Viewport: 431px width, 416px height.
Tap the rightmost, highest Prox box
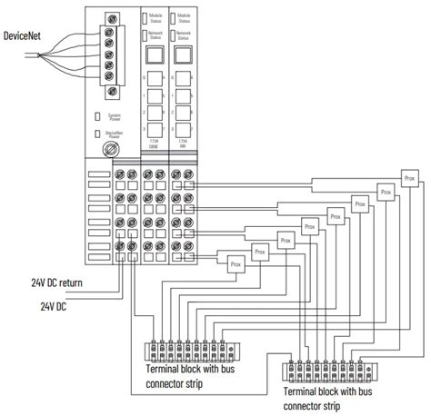[411, 178]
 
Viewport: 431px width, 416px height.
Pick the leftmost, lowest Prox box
[236, 263]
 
